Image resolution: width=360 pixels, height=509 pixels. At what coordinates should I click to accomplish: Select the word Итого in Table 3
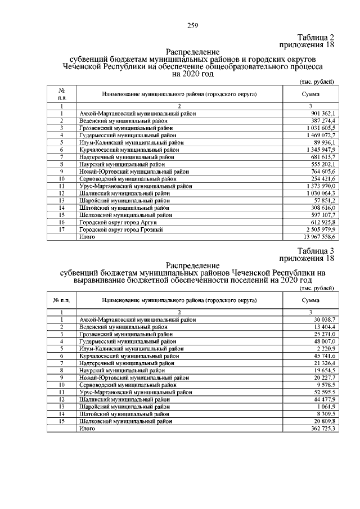pyautogui.click(x=87, y=429)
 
